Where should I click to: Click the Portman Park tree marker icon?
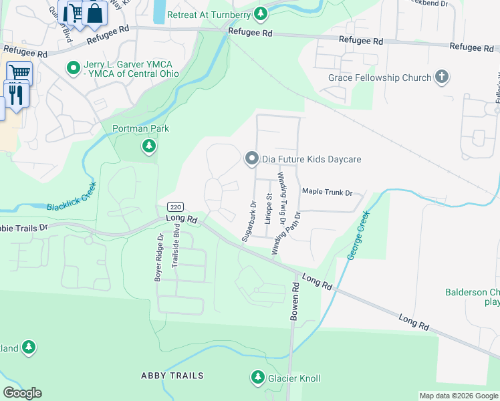tap(149, 146)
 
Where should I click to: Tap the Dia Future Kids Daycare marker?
tap(252, 159)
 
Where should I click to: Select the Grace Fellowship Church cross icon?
tap(441, 78)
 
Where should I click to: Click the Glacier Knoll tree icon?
tap(258, 378)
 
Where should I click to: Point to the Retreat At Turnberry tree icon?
tap(262, 14)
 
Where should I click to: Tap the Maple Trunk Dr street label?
tap(327, 192)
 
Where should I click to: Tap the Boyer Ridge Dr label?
tap(159, 257)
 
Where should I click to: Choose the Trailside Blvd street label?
tap(176, 250)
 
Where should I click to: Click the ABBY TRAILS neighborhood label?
tap(172, 376)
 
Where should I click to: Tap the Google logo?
tap(22, 393)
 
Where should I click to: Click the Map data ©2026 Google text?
tap(459, 396)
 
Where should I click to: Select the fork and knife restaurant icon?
tap(16, 94)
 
